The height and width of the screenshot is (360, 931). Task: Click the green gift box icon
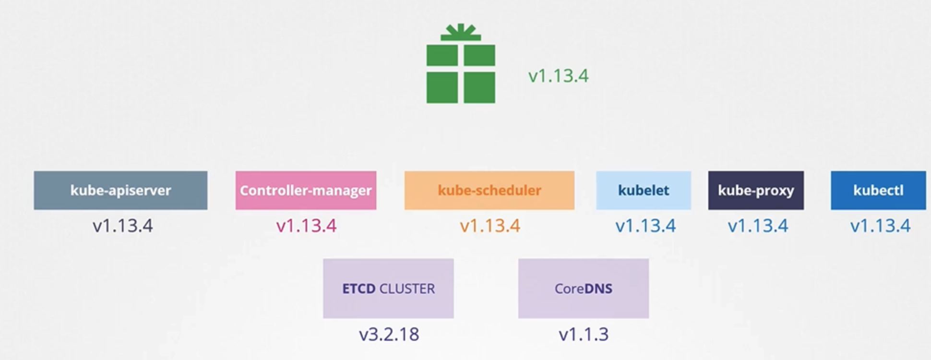point(461,72)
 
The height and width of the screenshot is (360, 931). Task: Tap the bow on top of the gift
point(461,32)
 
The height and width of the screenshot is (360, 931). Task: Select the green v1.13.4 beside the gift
point(558,76)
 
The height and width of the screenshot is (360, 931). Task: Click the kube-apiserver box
point(120,191)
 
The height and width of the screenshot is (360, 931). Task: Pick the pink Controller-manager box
point(306,191)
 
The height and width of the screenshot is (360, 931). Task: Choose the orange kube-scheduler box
point(489,191)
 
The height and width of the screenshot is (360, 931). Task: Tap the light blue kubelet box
point(643,191)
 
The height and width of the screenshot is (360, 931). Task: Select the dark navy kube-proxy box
point(756,191)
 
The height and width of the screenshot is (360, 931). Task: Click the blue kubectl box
point(878,191)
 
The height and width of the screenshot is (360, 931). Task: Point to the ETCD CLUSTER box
point(388,288)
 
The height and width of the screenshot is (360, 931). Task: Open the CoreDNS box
point(583,288)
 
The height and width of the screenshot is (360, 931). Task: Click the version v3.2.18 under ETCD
point(389,334)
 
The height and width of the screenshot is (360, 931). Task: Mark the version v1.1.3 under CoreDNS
point(584,334)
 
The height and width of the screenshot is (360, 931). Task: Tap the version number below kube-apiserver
point(123,226)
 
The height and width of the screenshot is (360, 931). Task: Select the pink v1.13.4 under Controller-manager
point(306,226)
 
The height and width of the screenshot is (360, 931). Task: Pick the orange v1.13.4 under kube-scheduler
point(490,226)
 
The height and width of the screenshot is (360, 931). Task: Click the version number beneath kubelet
point(645,226)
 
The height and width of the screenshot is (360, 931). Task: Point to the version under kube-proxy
point(758,226)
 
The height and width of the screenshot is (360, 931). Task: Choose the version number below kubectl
point(880,226)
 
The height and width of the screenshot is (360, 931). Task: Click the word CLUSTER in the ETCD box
point(407,289)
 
